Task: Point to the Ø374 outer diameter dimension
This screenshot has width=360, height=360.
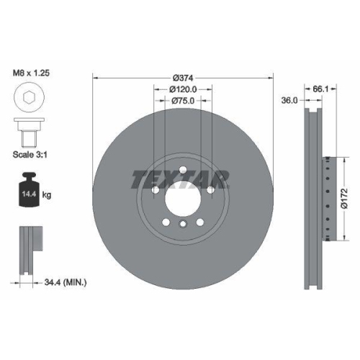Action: pyautogui.click(x=182, y=78)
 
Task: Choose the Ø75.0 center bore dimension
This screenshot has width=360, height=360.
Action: pyautogui.click(x=182, y=101)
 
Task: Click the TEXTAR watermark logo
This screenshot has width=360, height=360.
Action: pyautogui.click(x=180, y=179)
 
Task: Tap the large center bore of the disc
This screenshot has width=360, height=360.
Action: pyautogui.click(x=181, y=197)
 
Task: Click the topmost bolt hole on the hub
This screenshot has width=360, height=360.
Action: pyautogui.click(x=182, y=170)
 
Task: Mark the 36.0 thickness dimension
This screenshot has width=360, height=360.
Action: pyautogui.click(x=289, y=102)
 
